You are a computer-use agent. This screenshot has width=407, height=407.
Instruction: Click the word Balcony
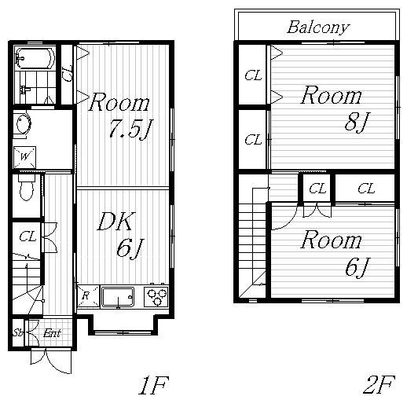pos(318,27)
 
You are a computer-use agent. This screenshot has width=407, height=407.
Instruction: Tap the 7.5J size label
pos(131,129)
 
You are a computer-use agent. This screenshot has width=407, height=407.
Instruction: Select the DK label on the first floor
pos(116,222)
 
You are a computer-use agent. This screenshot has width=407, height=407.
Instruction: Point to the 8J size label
pos(357,122)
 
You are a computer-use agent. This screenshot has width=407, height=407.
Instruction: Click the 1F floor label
pos(153,385)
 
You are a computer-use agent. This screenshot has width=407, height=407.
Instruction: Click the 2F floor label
pos(379,385)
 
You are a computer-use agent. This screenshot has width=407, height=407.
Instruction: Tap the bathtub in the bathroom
pos(35,58)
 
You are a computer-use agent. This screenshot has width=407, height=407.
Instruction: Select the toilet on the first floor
pos(27,188)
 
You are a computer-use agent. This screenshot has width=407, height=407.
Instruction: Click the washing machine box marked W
pos(24,157)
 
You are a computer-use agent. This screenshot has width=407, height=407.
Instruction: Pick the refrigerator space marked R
pos(88,296)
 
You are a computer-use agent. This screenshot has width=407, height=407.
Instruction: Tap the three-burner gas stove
pos(156,296)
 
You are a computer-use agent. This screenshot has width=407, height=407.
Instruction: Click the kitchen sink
pos(118,297)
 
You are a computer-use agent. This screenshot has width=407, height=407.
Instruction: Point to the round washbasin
pos(24,123)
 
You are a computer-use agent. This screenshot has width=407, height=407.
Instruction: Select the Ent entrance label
pos(52,333)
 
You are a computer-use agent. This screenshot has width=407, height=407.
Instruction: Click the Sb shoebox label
pos(18,333)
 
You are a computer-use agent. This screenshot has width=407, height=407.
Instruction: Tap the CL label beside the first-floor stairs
pos(27,237)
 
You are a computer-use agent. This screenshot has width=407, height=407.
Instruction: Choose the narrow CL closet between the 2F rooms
pos(317,189)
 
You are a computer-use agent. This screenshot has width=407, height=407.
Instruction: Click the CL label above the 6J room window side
pos(366,189)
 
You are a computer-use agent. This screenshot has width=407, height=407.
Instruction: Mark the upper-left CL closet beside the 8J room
pos(253,75)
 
